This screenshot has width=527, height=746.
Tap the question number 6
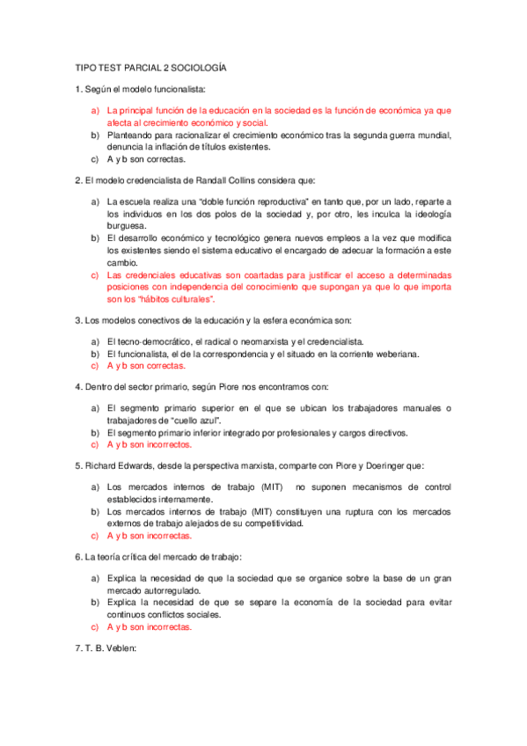pyautogui.click(x=78, y=558)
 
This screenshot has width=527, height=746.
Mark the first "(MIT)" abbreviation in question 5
pyautogui.click(x=266, y=486)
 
